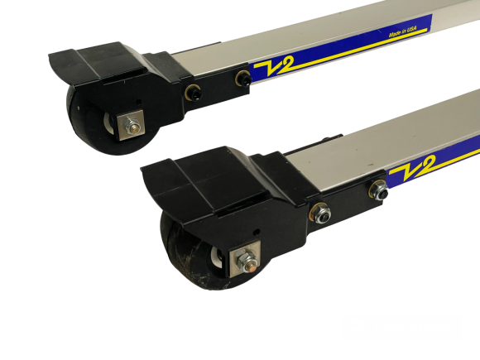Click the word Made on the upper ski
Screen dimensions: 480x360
(x=395, y=34)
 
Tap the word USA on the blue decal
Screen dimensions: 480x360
(x=412, y=28)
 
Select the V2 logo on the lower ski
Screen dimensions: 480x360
(x=412, y=168)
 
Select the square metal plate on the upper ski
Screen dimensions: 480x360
(x=130, y=125)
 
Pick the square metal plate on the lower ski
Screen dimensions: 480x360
(x=245, y=259)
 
